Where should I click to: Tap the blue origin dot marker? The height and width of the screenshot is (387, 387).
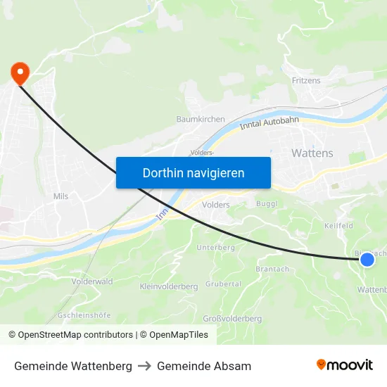point(367,260)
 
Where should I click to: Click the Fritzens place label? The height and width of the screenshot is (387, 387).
point(306,81)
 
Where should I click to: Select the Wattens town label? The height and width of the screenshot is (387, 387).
point(312,153)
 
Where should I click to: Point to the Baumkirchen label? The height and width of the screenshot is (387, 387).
point(201,120)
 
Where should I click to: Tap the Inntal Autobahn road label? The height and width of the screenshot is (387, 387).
point(269,124)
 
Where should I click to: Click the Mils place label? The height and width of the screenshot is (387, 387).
point(61,196)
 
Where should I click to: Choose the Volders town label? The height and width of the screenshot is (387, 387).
point(215,205)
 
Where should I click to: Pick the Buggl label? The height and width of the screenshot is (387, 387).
point(267,203)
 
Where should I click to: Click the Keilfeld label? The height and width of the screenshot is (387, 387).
point(338,226)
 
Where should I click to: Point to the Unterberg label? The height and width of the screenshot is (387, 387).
point(215,248)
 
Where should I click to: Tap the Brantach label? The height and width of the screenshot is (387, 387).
point(272,269)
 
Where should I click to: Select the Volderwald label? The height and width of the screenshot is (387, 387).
point(91,281)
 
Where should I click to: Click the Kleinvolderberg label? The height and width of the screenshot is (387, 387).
point(169,286)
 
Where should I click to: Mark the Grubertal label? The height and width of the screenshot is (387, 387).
point(223,284)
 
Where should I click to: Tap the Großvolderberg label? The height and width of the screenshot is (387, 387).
point(232,319)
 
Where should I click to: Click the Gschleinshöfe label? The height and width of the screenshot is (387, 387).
point(84,315)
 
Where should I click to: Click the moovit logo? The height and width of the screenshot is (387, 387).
point(344,365)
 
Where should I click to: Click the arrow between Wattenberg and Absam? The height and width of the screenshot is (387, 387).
point(144,367)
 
